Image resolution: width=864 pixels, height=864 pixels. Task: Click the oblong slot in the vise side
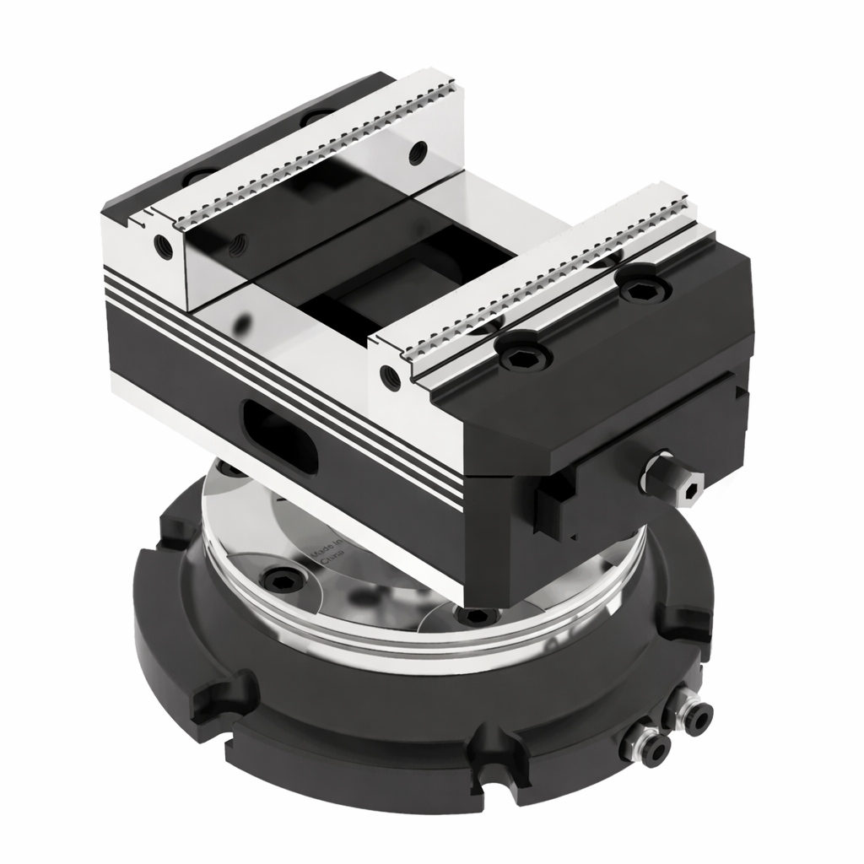(281, 429)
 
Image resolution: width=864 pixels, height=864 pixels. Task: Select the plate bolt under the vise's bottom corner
(465, 616)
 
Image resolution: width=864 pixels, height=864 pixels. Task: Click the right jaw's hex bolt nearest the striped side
(517, 357)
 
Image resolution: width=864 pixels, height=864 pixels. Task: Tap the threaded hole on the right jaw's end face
(390, 375)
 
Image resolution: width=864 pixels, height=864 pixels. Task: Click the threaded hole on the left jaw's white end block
(163, 246)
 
